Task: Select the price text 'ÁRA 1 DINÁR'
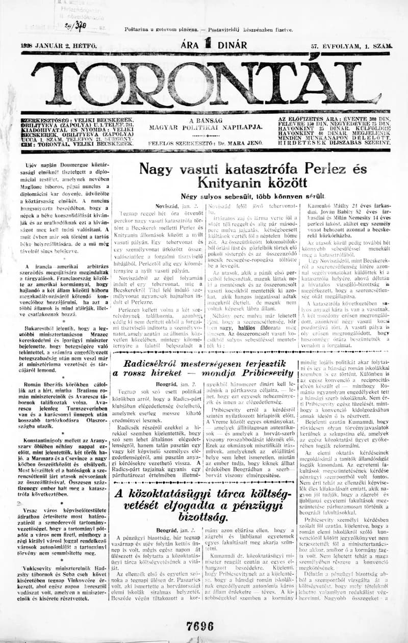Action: point(214,45)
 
